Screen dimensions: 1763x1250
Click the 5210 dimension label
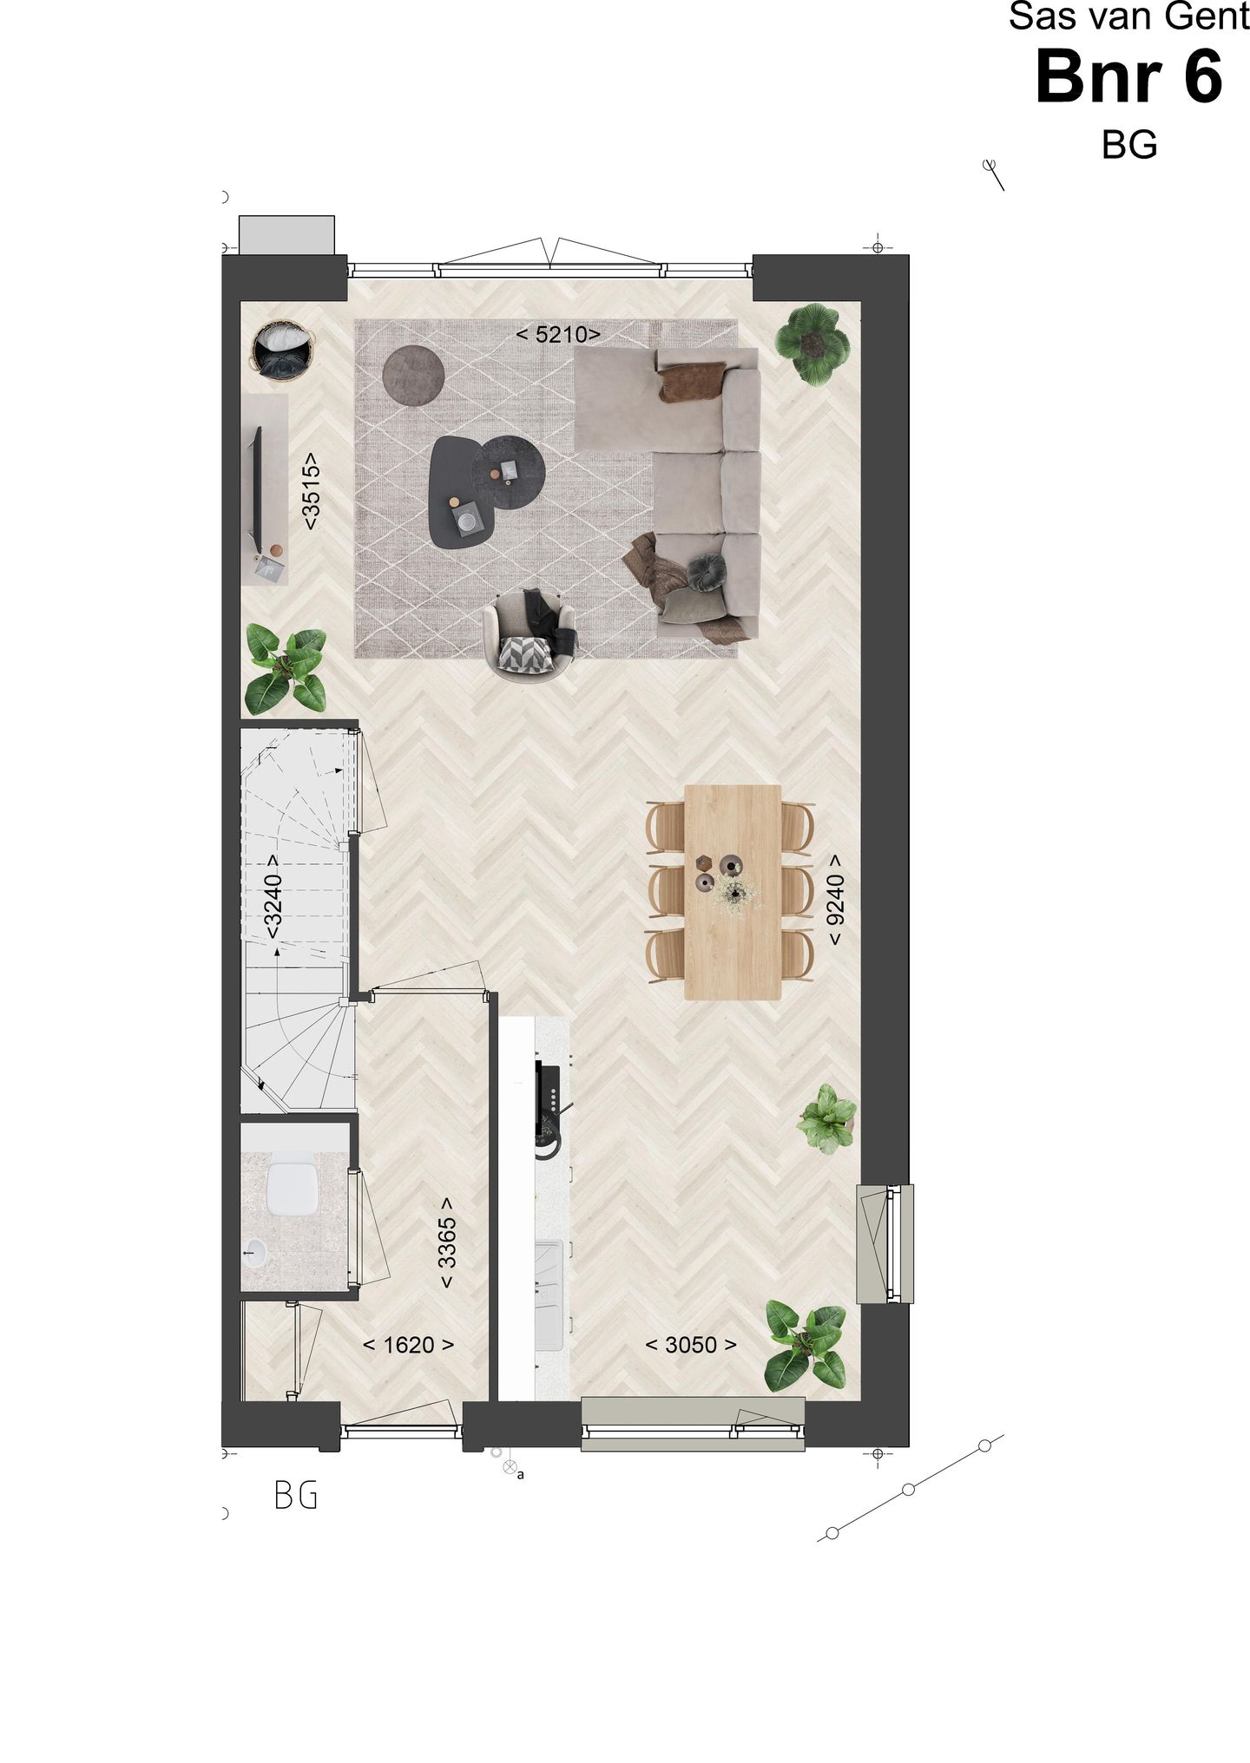click(x=558, y=334)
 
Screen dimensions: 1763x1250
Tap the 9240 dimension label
click(x=835, y=901)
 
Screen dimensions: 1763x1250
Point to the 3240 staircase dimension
click(x=273, y=896)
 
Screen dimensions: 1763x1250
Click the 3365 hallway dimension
click(x=446, y=1243)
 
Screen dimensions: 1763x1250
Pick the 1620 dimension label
click(x=408, y=1345)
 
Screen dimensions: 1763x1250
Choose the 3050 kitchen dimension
click(x=691, y=1345)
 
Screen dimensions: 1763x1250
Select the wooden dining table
click(x=733, y=892)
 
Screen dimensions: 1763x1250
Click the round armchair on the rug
click(x=530, y=635)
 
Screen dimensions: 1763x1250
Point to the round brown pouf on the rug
click(x=414, y=375)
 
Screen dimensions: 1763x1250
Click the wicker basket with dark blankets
click(x=280, y=350)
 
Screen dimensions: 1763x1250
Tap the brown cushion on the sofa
click(x=691, y=382)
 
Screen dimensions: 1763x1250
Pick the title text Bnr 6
click(x=1128, y=78)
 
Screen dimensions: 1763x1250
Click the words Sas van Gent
click(x=1128, y=17)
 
